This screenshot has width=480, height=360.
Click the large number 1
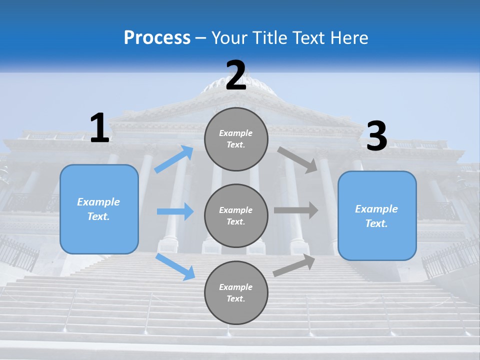pos(99,128)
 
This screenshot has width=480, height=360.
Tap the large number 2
pos(236,76)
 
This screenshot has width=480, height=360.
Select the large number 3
pos(376,136)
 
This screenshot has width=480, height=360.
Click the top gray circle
pos(236,139)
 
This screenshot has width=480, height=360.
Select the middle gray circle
pos(236,216)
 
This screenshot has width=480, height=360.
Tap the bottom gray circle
pos(236,293)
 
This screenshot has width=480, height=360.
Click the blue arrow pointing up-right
pos(174,159)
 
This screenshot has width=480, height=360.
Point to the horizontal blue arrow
pos(175,211)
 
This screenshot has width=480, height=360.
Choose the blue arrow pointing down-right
pos(175,267)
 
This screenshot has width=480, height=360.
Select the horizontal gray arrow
pos(296,210)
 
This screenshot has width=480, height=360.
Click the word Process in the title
pos(157,37)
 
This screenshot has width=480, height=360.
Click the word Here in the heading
pos(349,37)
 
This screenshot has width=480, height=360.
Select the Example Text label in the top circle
pos(236,139)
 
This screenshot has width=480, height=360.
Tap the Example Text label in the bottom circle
pos(236,293)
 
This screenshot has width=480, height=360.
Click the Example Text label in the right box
pos(376,216)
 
